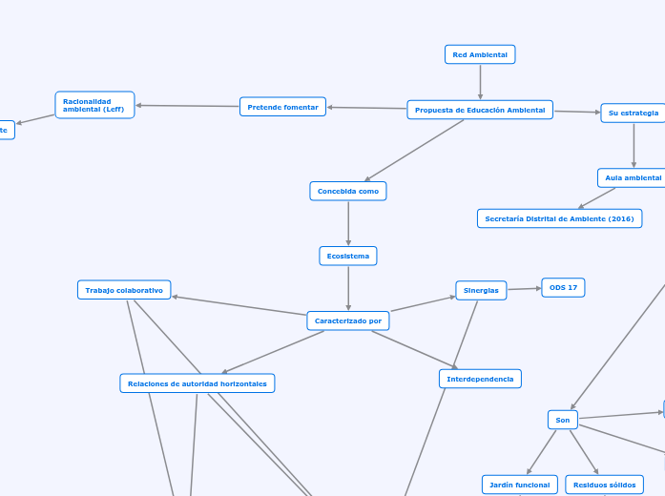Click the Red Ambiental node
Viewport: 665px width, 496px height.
[x=480, y=55]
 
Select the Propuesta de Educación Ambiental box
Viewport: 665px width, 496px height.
[x=480, y=110]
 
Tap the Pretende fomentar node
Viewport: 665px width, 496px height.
[x=282, y=107]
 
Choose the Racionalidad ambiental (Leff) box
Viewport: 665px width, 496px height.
[x=94, y=105]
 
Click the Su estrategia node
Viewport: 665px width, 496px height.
[x=633, y=113]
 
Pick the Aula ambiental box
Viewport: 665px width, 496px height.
[x=633, y=177]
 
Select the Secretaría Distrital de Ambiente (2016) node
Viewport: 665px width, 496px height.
[x=559, y=218]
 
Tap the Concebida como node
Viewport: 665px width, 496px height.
[x=348, y=191]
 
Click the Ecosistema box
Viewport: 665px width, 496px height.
[x=348, y=256]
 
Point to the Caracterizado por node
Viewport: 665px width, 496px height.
[x=348, y=320]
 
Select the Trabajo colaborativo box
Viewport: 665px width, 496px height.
[x=124, y=290]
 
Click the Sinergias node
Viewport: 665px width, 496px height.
[x=481, y=290]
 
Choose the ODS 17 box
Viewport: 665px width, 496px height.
[x=563, y=287]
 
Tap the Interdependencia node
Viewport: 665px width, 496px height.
[x=480, y=379]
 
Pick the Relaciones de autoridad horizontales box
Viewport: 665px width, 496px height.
[x=197, y=382]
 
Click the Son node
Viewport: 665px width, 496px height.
[x=563, y=420]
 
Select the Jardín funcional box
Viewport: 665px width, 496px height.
[x=519, y=485]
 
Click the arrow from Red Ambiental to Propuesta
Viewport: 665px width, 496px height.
[x=480, y=82]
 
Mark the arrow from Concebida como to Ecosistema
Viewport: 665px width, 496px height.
[x=348, y=223]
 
